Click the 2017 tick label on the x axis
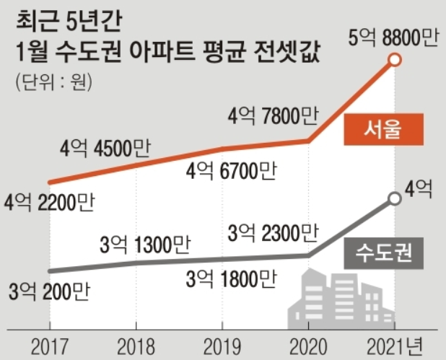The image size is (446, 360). click(x=49, y=345)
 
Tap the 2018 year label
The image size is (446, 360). click(x=136, y=345)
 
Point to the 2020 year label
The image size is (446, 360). click(x=310, y=345)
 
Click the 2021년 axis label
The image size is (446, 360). click(x=398, y=345)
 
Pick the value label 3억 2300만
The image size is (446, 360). click(x=272, y=232)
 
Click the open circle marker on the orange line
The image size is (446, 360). click(x=394, y=62)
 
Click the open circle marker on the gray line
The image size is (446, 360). click(x=394, y=198)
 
